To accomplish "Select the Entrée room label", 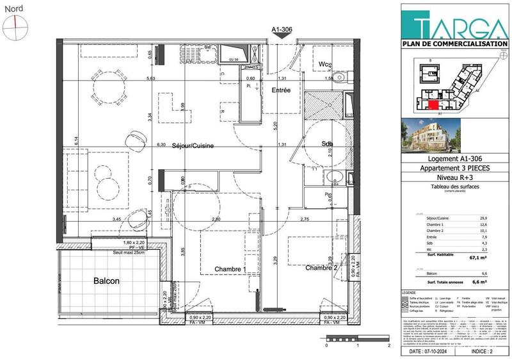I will coord(281,90).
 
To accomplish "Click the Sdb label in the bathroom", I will coord(328,144).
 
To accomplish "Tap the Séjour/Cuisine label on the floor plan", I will coord(193,146).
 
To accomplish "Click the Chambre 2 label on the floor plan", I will coord(321,267).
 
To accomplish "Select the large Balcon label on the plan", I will coord(107,281).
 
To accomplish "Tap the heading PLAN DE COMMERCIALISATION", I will coord(455,44).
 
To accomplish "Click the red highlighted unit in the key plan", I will coord(433,105).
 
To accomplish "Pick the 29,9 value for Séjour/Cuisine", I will coord(477,218).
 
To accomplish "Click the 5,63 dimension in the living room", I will coord(152,79).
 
